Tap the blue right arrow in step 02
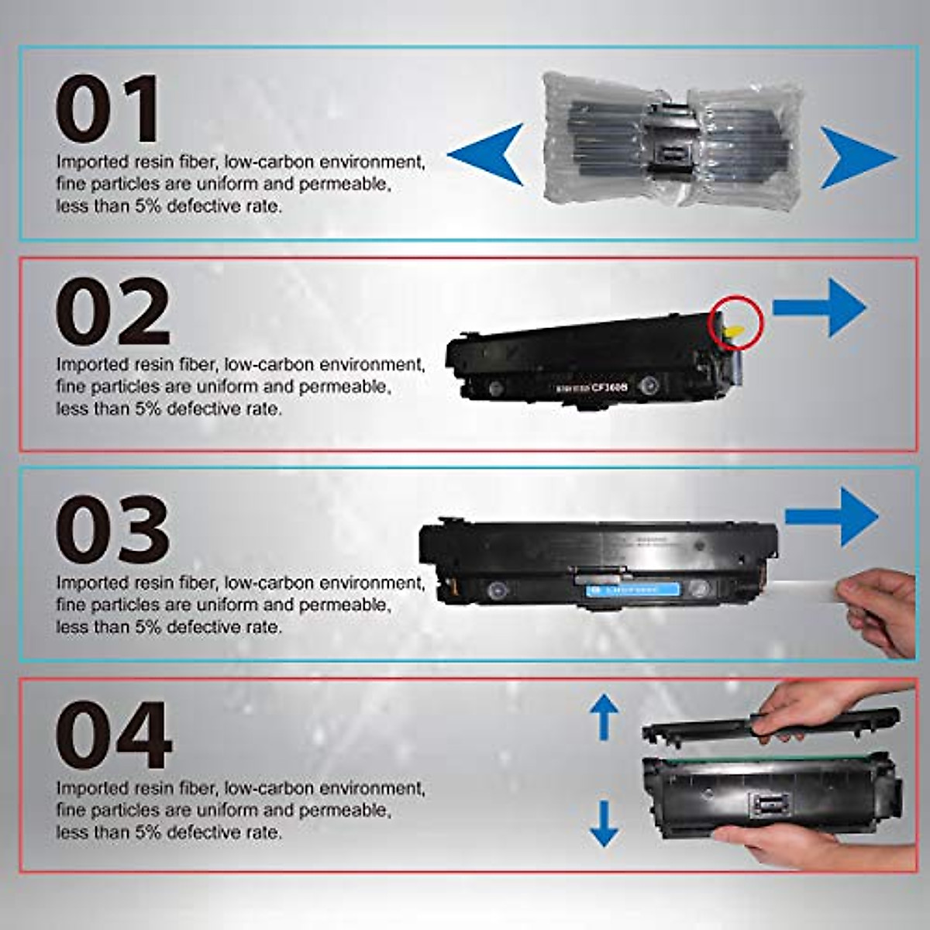[820, 308]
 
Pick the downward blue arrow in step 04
[604, 824]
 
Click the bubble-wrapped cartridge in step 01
[671, 139]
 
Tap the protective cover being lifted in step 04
[767, 729]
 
